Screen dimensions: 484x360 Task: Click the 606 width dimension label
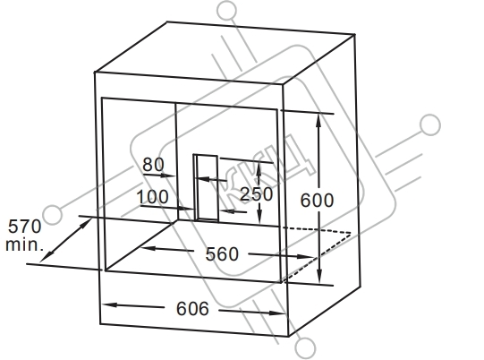pos(192,308)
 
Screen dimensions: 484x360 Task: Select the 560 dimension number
pos(222,254)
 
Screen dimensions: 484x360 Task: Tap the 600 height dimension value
pos(317,201)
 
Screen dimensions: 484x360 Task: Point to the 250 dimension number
pos(256,194)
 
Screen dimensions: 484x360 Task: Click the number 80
pos(153,165)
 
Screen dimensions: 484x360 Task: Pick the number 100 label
pos(152,196)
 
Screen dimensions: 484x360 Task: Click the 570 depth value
pos(24,227)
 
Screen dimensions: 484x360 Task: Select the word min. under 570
pos(24,244)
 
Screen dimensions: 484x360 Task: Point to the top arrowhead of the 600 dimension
pos(318,121)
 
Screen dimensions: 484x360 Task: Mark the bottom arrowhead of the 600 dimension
pos(319,276)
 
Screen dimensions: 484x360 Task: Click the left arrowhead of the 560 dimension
pos(149,248)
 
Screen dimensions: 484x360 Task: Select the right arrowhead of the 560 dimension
pos(305,256)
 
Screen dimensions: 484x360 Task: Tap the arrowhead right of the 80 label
pos(168,176)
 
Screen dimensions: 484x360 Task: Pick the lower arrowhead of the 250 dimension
pos(259,216)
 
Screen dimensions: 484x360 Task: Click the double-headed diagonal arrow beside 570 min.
pos(66,240)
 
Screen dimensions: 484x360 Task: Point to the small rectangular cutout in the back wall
pos(206,187)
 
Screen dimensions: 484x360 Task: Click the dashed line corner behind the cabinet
pos(351,234)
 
